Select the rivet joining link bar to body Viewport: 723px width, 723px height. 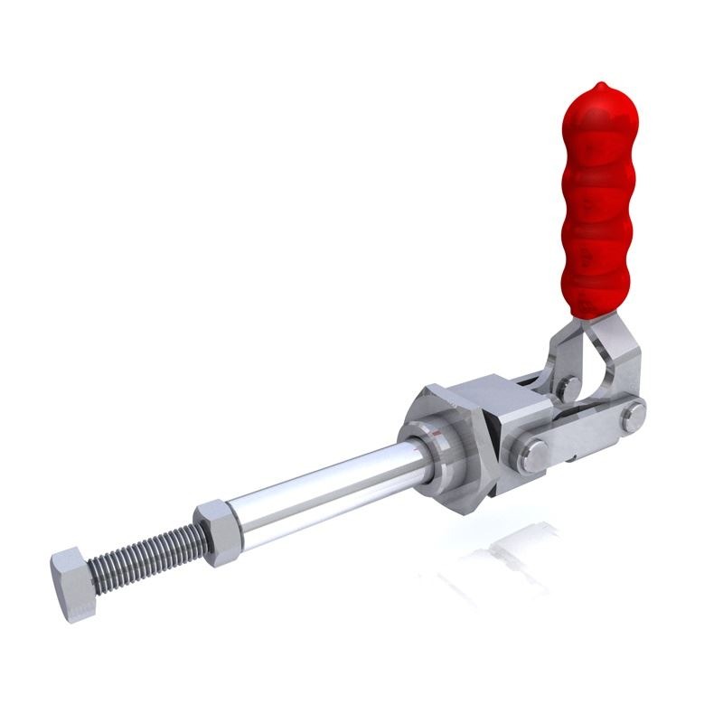coord(533,453)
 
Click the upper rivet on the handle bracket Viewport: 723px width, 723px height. coord(568,389)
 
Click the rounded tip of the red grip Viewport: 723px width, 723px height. coord(591,95)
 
